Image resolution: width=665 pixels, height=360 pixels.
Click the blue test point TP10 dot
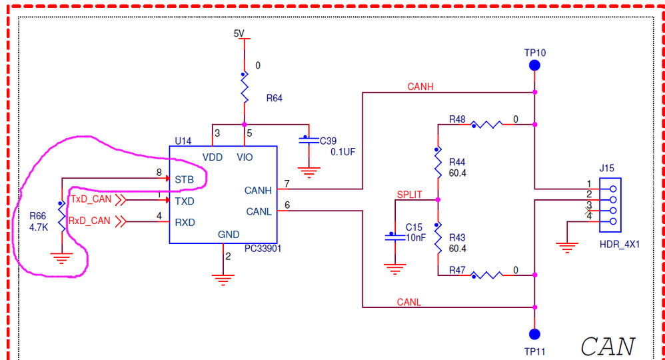click(534, 65)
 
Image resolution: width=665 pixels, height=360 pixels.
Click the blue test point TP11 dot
click(534, 333)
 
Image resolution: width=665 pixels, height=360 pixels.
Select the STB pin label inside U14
click(185, 180)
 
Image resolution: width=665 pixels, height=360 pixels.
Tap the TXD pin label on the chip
click(185, 201)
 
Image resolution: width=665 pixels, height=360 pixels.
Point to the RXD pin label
click(185, 222)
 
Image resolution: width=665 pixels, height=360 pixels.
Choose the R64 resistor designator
click(274, 98)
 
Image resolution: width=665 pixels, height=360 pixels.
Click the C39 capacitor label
click(329, 141)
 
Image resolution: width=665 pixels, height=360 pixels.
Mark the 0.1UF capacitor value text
click(343, 151)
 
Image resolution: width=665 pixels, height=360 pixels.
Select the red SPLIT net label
click(409, 194)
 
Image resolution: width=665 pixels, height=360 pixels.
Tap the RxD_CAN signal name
click(90, 221)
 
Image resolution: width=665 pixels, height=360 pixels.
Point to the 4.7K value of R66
click(38, 227)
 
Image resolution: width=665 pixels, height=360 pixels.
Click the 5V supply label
click(239, 33)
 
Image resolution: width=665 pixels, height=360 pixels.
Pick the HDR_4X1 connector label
click(620, 244)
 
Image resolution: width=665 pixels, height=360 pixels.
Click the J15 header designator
click(607, 168)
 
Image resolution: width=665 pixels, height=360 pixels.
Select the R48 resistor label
click(457, 119)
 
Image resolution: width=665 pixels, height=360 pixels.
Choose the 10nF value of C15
click(416, 237)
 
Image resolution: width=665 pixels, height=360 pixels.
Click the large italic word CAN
click(607, 346)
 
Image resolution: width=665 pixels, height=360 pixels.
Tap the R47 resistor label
click(457, 270)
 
